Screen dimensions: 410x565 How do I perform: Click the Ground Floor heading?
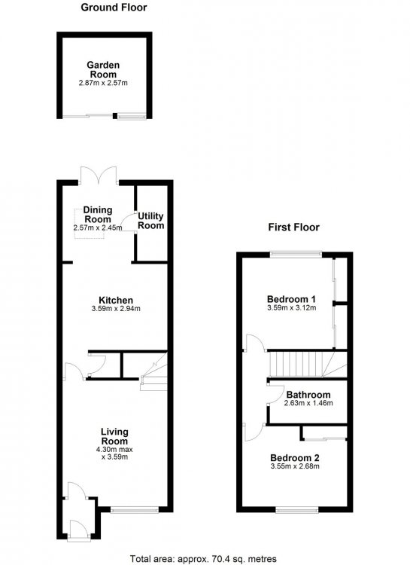tap(114, 8)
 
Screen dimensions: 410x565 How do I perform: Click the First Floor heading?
tap(293, 228)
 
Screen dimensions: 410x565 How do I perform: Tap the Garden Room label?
tap(103, 70)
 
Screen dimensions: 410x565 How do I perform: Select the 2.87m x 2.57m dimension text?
tap(103, 83)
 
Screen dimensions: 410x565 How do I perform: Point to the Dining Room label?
tap(98, 215)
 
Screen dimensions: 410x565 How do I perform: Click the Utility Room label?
tap(150, 221)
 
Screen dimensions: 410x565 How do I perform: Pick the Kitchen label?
tap(116, 300)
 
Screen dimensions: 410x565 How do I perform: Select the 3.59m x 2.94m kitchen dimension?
tap(116, 309)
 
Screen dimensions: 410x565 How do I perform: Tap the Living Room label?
tap(114, 436)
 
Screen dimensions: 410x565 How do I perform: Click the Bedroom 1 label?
tap(292, 299)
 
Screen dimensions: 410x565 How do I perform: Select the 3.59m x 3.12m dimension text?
tap(292, 308)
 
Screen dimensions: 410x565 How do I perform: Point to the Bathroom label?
tap(308, 395)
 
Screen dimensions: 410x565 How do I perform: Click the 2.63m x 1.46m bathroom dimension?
tap(308, 404)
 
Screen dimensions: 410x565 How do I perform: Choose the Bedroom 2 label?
tap(295, 458)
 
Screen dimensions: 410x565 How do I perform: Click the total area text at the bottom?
tap(203, 559)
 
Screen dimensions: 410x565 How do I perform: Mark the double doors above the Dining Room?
tap(99, 176)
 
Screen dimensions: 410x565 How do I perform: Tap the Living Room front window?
tap(135, 509)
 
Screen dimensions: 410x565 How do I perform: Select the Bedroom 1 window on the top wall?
tap(296, 255)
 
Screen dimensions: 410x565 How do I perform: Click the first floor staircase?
tap(308, 365)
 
